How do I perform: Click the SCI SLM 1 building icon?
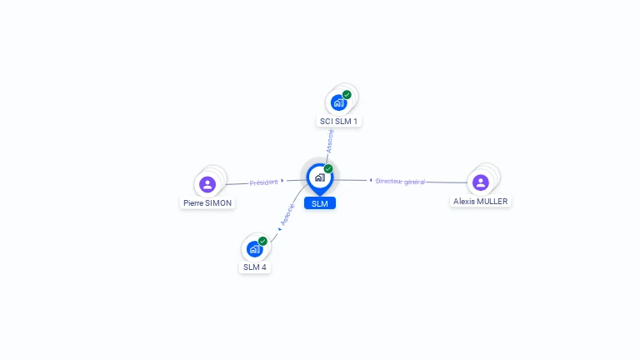coord(338,102)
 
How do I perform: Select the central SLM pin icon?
coord(319,177)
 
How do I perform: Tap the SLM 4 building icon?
coord(254,249)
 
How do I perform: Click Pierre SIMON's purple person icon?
coord(207,184)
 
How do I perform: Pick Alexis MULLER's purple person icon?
coord(480,182)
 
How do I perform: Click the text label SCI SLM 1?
coord(339,122)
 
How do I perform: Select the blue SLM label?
coord(319,203)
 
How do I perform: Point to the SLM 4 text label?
coord(255,267)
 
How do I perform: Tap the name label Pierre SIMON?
coord(207,202)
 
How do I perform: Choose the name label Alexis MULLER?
coord(481,201)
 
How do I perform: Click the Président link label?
coord(263,182)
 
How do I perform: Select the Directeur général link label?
coord(400,181)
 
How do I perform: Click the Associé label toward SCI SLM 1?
coord(331,140)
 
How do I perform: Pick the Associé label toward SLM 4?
coord(287,214)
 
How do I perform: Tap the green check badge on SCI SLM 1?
coord(347,94)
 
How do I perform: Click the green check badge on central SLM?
coord(328,169)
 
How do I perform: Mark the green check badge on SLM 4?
coord(262,241)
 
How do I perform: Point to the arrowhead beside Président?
coord(282,180)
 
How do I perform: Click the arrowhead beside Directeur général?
coord(371,180)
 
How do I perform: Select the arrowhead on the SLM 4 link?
coord(279,227)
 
